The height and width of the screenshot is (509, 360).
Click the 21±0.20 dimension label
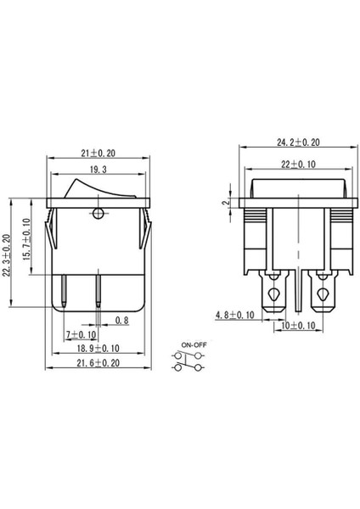[x=98, y=152]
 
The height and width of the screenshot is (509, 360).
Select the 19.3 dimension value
[x=98, y=171]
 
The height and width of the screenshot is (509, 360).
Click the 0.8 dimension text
[x=121, y=322]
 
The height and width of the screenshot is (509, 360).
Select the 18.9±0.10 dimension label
[x=96, y=350]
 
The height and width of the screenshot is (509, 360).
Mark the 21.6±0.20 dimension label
[x=96, y=364]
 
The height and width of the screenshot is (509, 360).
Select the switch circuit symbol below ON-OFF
[x=190, y=363]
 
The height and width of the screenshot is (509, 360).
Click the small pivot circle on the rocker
[x=99, y=212]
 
